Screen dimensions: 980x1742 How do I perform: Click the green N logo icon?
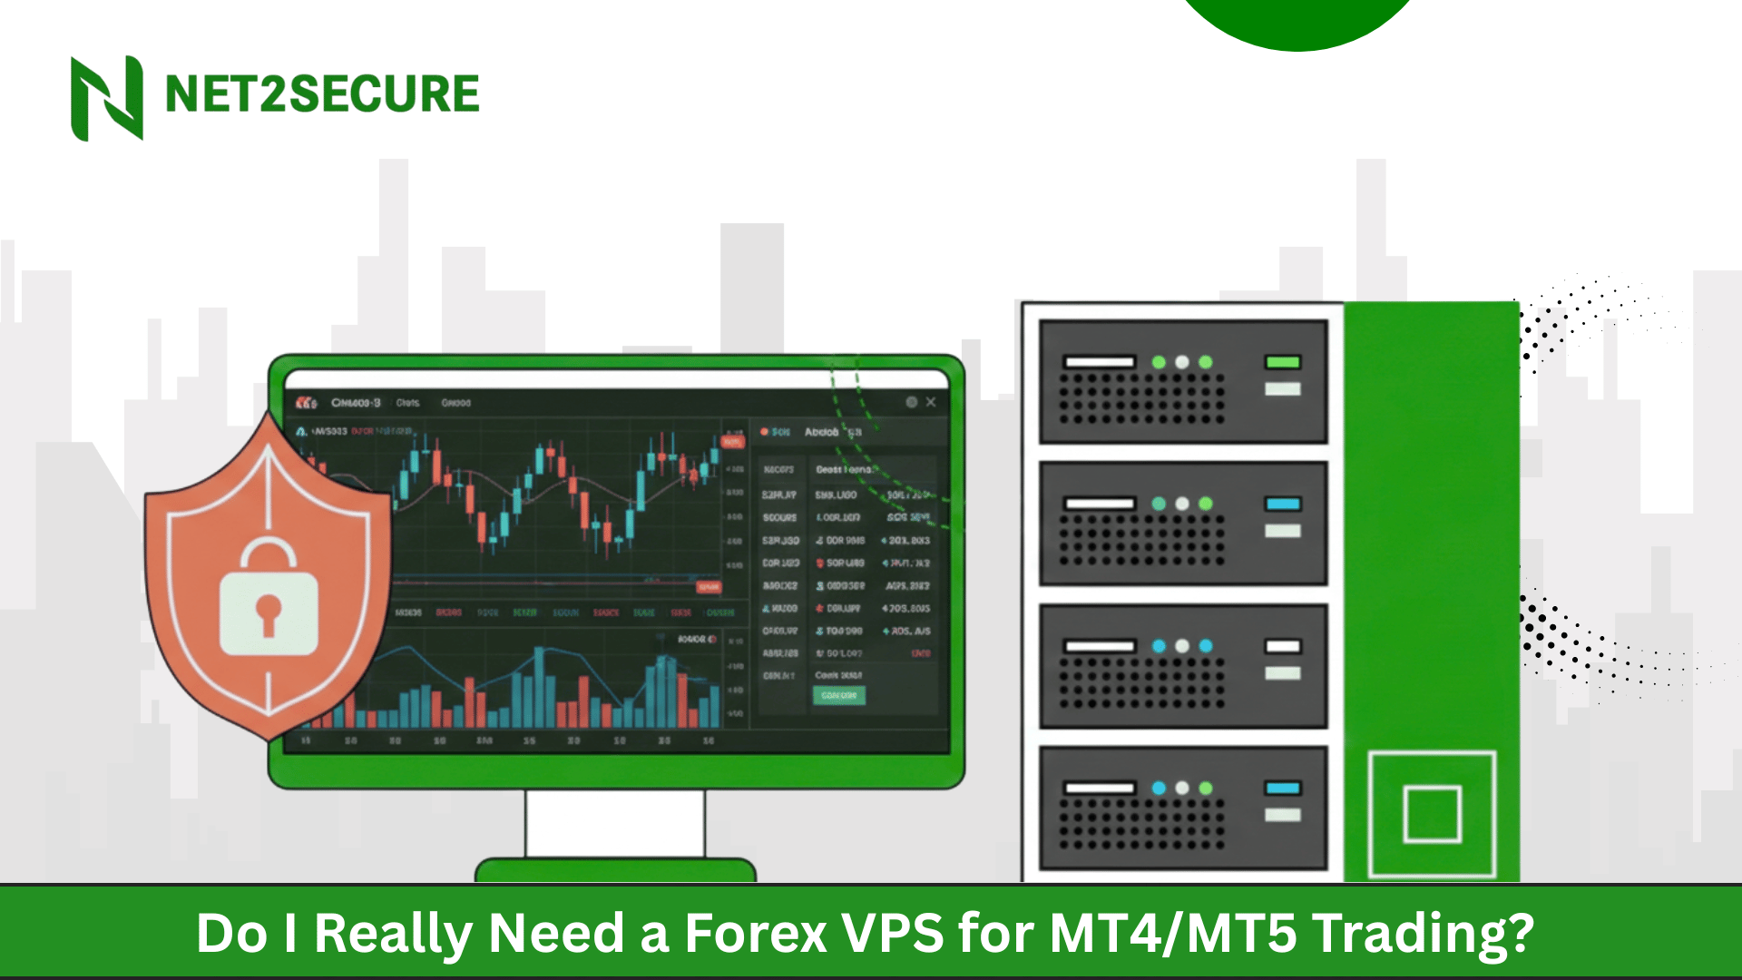107,97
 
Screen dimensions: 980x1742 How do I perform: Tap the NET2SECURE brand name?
322,94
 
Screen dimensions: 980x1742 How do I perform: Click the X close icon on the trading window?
931,402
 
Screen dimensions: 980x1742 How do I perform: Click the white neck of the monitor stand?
615,824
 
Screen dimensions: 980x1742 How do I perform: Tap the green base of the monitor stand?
615,870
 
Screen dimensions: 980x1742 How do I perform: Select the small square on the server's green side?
1432,814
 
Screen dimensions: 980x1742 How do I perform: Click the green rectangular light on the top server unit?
1283,362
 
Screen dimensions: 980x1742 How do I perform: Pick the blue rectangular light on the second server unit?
1283,504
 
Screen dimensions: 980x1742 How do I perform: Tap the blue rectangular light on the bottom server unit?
1283,788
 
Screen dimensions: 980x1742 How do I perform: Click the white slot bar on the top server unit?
1100,362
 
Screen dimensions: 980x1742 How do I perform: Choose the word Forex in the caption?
755,933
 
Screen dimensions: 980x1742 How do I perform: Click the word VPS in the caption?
893,933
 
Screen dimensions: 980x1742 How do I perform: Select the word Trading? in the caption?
1424,933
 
